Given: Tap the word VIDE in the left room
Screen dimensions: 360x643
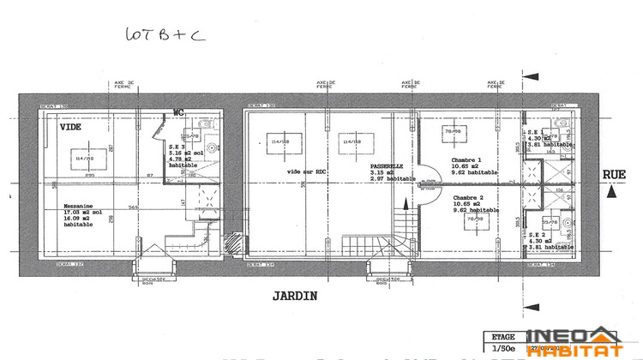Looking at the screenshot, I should (71, 127).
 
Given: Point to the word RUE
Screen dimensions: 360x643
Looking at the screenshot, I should (614, 174).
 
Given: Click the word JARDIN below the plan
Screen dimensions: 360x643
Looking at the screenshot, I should (296, 297).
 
